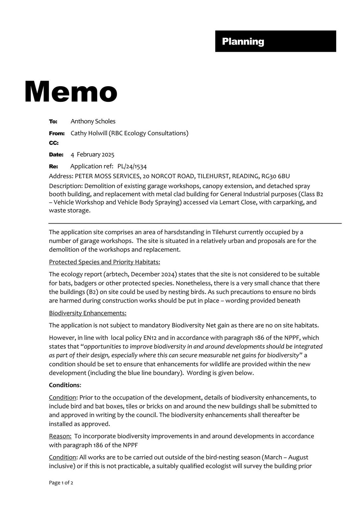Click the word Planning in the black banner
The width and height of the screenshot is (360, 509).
coord(243,41)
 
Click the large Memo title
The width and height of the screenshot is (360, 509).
coord(71,92)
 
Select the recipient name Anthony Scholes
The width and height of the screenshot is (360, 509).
coord(93,121)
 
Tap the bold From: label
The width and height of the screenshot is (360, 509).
coord(57,133)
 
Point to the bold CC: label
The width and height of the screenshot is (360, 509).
coord(54,143)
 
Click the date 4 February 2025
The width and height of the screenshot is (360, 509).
coord(92,155)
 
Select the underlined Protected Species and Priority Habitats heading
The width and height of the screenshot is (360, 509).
coord(104,262)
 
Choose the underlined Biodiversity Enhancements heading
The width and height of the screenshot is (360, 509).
coord(87,313)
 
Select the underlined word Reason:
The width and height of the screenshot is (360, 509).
coord(60,436)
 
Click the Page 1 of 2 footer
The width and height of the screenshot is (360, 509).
coord(61,483)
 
